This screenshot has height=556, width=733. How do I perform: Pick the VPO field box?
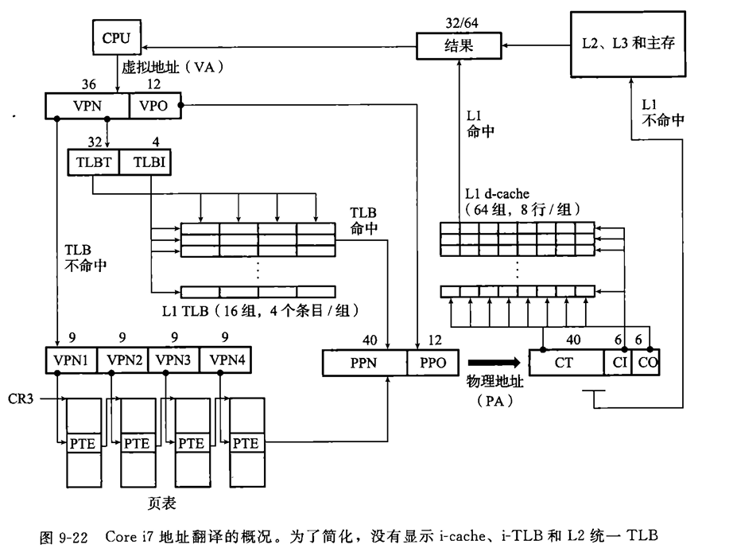(153, 105)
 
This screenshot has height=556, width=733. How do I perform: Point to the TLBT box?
(93, 162)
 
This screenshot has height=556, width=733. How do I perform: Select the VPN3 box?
(173, 360)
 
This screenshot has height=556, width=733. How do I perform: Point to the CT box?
(565, 363)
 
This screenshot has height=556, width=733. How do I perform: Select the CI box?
(619, 363)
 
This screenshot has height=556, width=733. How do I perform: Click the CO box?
(648, 363)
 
